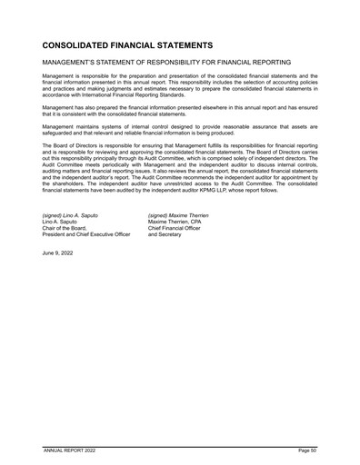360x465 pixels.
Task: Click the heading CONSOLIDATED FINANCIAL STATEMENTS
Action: [127, 44]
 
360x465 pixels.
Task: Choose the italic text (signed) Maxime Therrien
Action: [178, 215]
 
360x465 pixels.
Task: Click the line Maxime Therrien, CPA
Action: [175, 222]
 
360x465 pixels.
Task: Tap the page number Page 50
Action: [305, 450]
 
